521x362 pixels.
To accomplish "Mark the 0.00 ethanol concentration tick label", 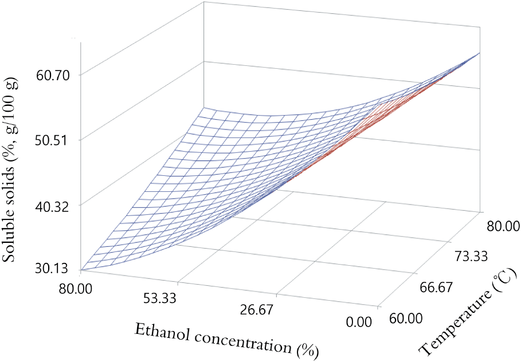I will pos(361,322).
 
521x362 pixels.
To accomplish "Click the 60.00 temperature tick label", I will pos(405,318).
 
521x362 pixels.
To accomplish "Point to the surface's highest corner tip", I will pos(479,53).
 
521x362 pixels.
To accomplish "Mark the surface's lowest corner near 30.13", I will pos(82,269).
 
